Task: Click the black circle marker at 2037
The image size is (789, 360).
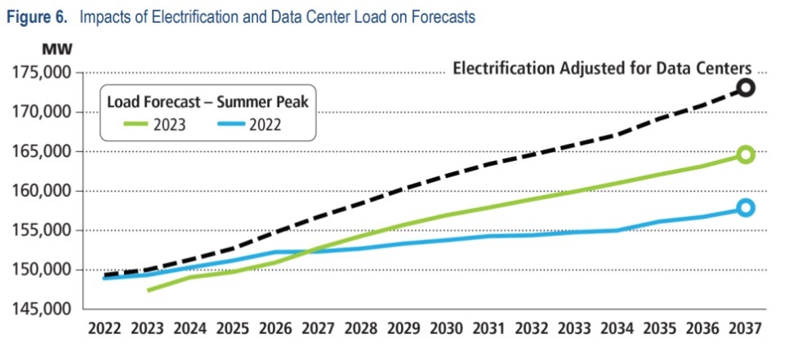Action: tap(746, 87)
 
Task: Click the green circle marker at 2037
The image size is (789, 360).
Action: tap(746, 154)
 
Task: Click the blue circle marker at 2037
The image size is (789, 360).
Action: tap(746, 207)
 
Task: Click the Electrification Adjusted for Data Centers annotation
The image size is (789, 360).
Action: tap(601, 69)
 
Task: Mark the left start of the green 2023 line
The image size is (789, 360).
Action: tap(149, 290)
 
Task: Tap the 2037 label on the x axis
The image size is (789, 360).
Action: tap(744, 330)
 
